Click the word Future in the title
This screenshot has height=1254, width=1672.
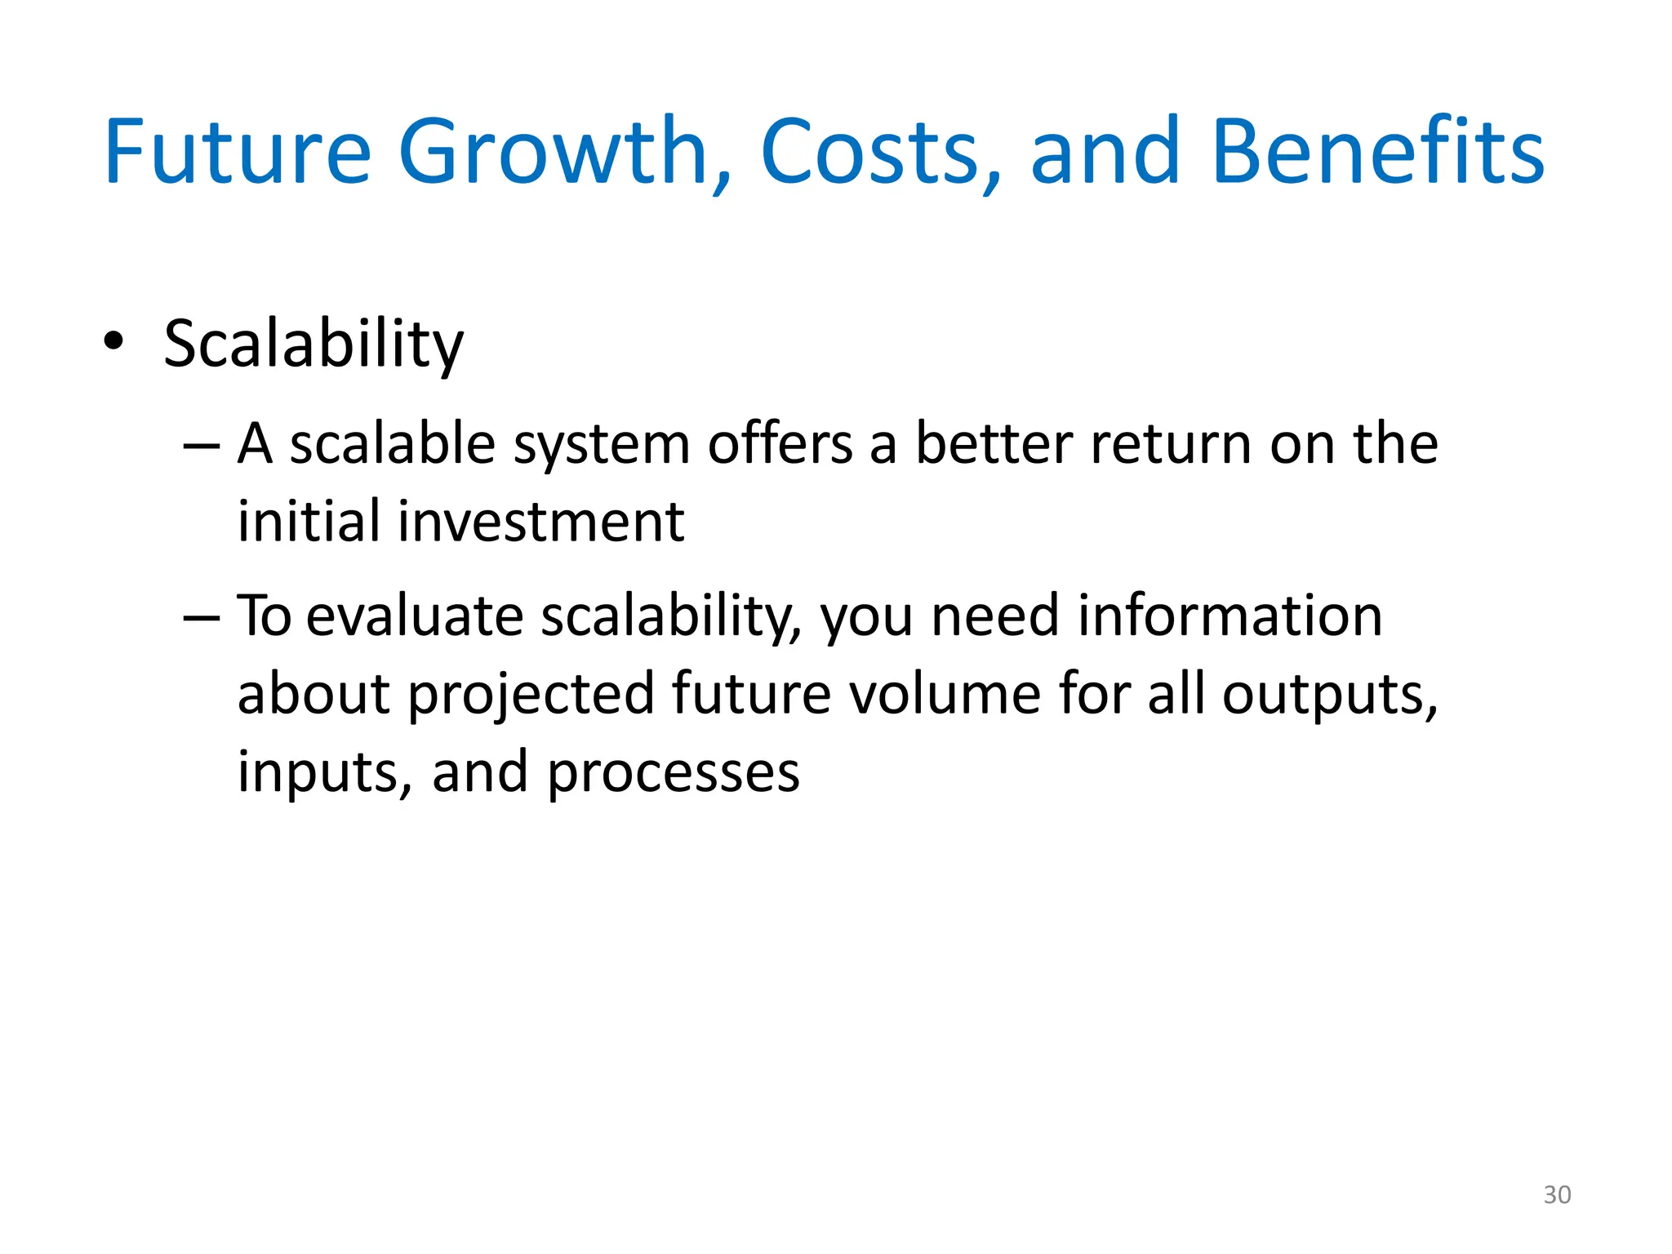(238, 153)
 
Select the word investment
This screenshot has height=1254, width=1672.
(540, 522)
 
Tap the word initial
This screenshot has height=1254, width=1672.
(309, 522)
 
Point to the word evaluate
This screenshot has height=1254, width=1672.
(415, 616)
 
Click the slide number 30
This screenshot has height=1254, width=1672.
(1557, 1194)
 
